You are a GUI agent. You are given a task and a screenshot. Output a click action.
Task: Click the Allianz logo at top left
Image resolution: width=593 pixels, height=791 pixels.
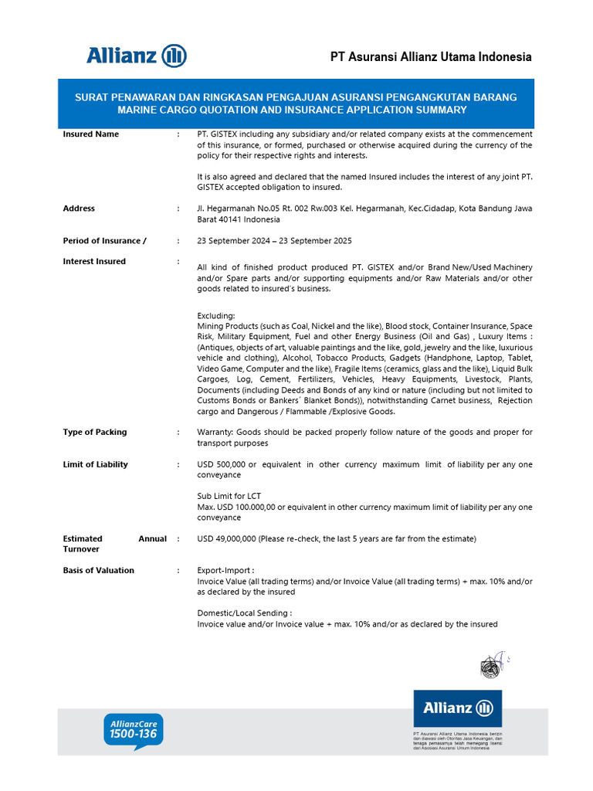(137, 56)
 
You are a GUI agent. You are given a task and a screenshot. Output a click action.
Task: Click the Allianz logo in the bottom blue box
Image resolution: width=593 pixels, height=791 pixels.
(457, 708)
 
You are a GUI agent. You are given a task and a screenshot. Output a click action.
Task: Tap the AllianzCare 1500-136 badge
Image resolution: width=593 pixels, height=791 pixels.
(134, 730)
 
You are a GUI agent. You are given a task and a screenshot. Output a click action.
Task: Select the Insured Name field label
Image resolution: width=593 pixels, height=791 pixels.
(91, 134)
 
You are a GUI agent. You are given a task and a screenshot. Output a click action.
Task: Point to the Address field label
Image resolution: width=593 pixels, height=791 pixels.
(79, 209)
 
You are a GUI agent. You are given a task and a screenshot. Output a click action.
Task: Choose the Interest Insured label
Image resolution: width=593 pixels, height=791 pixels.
(94, 262)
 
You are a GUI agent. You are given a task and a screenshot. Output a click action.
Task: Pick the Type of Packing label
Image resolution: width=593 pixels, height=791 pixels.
(95, 433)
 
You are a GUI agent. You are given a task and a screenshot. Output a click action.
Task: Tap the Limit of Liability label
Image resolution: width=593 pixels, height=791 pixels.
(96, 465)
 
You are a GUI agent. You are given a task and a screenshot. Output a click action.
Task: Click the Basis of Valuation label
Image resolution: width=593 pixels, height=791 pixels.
(99, 571)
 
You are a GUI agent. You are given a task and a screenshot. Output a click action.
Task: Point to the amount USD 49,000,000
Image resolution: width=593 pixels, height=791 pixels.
(227, 538)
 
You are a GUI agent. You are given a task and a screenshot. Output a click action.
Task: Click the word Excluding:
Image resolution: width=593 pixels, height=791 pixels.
(215, 316)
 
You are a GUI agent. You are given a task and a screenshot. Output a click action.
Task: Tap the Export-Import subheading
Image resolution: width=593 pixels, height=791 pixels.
(225, 571)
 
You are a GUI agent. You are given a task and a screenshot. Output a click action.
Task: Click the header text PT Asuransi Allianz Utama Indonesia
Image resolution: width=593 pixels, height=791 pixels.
(431, 57)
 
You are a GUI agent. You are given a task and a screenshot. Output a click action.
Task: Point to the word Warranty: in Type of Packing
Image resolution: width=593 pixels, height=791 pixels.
(215, 433)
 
